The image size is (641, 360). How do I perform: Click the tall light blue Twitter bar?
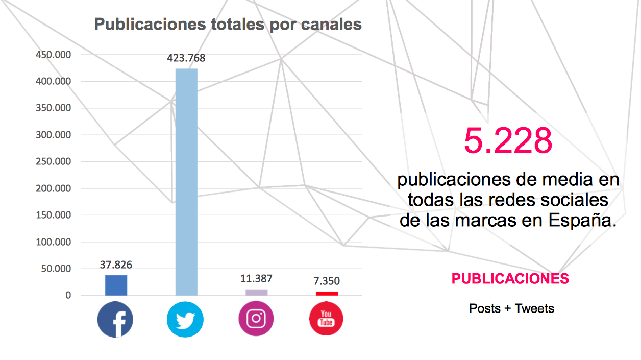(186, 181)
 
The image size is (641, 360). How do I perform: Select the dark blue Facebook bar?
(116, 285)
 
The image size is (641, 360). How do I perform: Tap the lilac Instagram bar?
(256, 292)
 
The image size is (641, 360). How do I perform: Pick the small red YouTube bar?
(327, 293)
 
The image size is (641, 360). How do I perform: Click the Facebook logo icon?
(115, 319)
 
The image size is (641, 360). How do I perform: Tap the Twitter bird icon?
(185, 320)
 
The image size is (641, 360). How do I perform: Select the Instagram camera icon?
(256, 319)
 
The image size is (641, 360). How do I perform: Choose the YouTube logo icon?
(326, 319)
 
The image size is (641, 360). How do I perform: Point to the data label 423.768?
(186, 58)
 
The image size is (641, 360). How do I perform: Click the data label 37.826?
(116, 265)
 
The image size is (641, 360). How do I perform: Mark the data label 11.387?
(256, 279)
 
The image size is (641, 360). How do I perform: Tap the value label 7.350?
(327, 281)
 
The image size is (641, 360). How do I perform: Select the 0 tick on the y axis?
(68, 296)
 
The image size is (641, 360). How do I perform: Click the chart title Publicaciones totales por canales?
(228, 25)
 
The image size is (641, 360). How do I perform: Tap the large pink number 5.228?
(508, 141)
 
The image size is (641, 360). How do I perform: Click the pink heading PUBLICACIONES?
(510, 279)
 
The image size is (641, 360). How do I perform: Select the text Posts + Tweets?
(511, 308)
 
